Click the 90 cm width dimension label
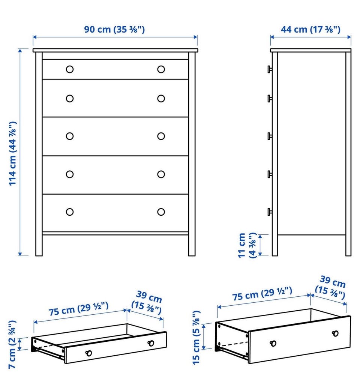point(114,29)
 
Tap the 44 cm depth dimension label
point(310,29)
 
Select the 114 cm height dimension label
point(12,153)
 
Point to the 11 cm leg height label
point(247,245)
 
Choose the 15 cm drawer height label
point(196,338)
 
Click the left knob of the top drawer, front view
point(70,69)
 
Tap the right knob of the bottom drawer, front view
point(161,212)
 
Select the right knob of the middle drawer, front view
point(161,136)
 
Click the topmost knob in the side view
point(270,69)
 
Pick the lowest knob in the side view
point(270,212)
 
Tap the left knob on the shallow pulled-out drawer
point(88,353)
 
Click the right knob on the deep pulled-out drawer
point(335,333)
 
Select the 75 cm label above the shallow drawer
point(78,309)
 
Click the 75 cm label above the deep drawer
point(262,294)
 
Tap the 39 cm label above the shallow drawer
point(147,302)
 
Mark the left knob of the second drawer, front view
point(70,98)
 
